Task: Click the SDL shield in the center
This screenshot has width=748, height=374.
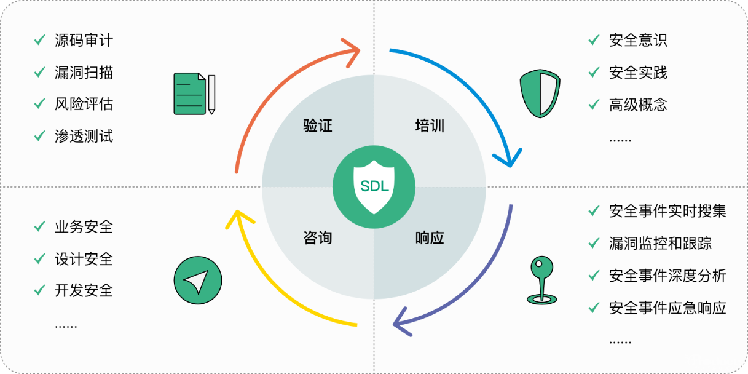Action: (374, 187)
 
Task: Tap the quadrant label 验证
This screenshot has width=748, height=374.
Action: (318, 126)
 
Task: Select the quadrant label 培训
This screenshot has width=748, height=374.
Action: (430, 127)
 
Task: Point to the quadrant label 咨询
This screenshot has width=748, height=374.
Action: (318, 237)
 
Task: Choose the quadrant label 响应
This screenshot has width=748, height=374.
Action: (430, 238)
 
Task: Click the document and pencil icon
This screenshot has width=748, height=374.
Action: (194, 94)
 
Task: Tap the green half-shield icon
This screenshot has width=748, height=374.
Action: (540, 94)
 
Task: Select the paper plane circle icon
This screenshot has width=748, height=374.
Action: (197, 279)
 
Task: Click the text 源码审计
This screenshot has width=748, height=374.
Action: (84, 41)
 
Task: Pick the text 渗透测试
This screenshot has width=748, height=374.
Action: (84, 136)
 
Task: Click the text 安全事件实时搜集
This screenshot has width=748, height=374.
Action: (667, 212)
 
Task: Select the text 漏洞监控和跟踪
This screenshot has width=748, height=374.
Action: (660, 244)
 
